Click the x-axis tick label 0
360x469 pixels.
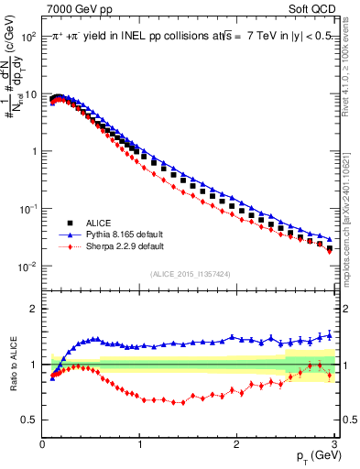click(42, 445)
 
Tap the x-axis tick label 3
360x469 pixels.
click(333, 445)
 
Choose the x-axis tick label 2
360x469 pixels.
click(236, 445)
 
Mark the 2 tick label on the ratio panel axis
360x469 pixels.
click(32, 309)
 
